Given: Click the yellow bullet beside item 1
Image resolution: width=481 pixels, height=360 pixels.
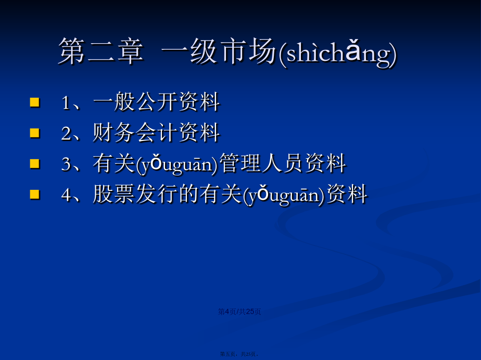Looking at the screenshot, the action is coord(35,102).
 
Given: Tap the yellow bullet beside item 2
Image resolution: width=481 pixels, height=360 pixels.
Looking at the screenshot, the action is coord(35,133).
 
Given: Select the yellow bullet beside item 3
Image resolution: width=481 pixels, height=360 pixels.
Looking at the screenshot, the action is coord(35,164).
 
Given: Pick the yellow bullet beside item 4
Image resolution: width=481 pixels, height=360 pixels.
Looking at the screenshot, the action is coord(35,195).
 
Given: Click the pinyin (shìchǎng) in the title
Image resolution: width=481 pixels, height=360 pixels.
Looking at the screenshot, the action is coord(338,54).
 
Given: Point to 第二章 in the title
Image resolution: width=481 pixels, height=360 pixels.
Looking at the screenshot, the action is coord(101,52).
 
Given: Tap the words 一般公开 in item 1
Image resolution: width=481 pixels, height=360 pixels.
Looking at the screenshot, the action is coord(136,102).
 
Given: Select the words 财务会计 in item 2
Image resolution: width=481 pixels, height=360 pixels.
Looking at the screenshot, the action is coord(136,133).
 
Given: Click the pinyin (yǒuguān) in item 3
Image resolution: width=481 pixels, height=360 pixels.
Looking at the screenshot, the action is coord(177,164).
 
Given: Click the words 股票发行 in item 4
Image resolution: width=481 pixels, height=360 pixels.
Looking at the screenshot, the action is coord(136,194).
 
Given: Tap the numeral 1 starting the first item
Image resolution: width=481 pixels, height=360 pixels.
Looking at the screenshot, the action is coord(66,102).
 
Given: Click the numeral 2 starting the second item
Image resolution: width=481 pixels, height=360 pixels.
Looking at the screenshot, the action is coord(66,133).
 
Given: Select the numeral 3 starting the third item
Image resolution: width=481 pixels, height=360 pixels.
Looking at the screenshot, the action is coord(66,164).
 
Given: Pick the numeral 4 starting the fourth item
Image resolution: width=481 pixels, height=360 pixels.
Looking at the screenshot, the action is coord(66,195).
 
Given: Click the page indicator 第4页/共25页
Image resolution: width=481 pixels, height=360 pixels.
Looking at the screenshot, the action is coord(239,312).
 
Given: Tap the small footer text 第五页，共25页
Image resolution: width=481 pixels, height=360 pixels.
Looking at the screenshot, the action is coord(239,354).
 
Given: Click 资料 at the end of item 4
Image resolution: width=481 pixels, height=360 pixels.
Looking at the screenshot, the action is coord(347,194).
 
